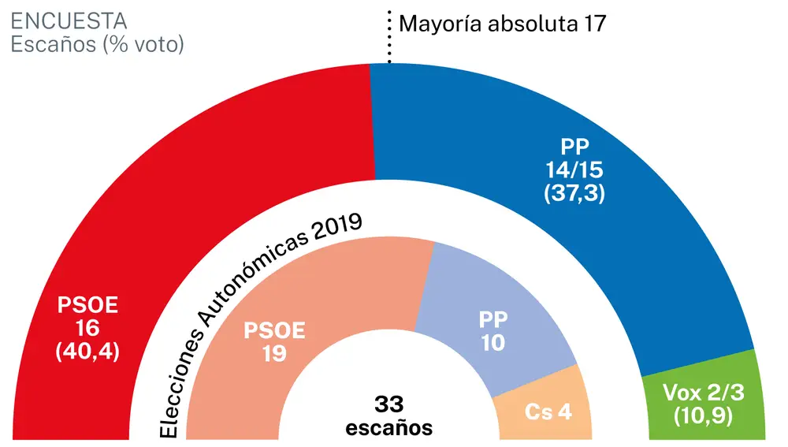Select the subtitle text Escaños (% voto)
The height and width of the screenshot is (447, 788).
tap(97, 44)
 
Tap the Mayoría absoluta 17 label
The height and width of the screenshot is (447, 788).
tap(502, 23)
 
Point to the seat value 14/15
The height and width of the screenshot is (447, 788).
tap(574, 169)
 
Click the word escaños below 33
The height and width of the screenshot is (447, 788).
tap(389, 428)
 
